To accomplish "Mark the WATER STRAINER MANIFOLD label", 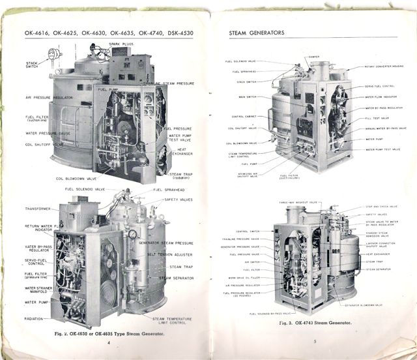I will point(37,290).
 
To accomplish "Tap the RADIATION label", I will point(35,318).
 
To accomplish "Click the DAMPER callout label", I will point(313,57).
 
